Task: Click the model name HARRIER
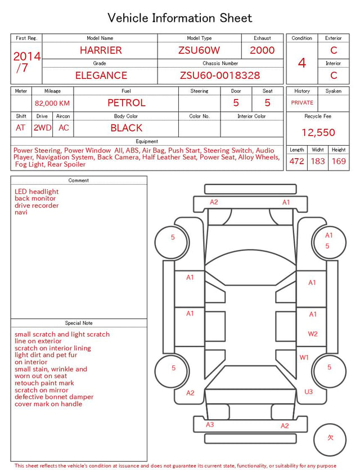pyautogui.click(x=101, y=50)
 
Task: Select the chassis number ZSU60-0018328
pyautogui.click(x=220, y=75)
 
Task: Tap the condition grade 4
pyautogui.click(x=302, y=63)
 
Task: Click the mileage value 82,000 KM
pyautogui.click(x=52, y=104)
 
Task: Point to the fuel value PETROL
pyautogui.click(x=127, y=103)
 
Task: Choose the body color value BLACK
pyautogui.click(x=127, y=128)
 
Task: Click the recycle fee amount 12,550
pyautogui.click(x=318, y=132)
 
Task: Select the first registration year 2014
pyautogui.click(x=27, y=56)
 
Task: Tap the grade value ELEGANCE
pyautogui.click(x=101, y=75)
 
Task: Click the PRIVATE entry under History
pyautogui.click(x=302, y=103)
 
